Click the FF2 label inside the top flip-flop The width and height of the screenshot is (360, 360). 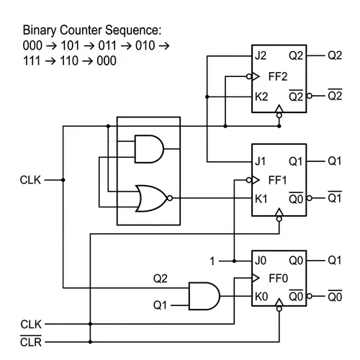(278, 75)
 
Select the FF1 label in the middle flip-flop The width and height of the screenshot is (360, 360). (278, 179)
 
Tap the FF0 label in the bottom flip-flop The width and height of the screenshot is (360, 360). (278, 277)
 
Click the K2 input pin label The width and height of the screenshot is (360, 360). (262, 95)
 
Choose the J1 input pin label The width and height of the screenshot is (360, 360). (261, 160)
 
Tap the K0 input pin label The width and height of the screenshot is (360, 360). (262, 295)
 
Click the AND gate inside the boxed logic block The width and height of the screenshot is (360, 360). (149, 149)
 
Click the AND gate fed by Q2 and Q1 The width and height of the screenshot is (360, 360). (203, 296)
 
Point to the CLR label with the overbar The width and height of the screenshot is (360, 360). (31, 341)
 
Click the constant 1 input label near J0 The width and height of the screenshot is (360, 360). (212, 261)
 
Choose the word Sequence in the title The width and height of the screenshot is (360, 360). (135, 32)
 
